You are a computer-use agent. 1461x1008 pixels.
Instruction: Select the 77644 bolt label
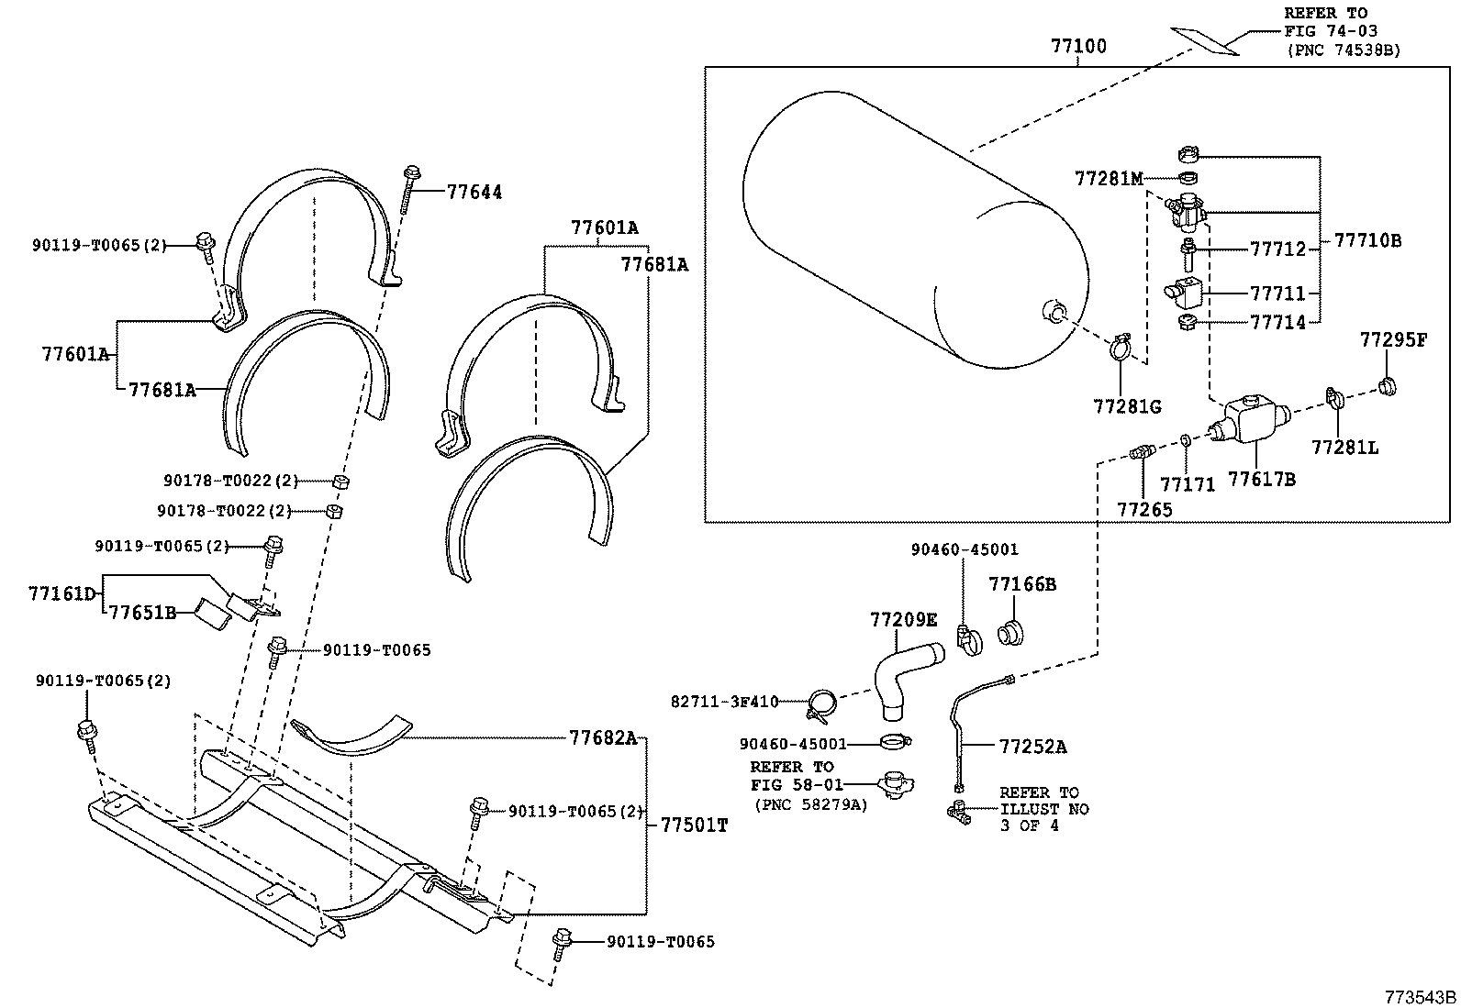(x=474, y=193)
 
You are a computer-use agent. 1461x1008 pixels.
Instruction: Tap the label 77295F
(x=1393, y=340)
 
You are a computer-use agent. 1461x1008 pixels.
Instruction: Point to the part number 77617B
(x=1262, y=478)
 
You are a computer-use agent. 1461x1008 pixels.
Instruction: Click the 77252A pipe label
(x=1032, y=747)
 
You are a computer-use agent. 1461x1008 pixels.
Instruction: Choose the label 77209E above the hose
(x=903, y=620)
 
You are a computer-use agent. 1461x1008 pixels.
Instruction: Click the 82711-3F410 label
(x=724, y=702)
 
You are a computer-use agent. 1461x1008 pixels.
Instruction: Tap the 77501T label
(x=693, y=825)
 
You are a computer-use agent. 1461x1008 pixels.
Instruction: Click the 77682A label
(x=602, y=737)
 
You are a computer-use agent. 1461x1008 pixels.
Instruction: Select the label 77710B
(x=1367, y=241)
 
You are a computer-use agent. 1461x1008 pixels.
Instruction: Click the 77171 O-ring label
(x=1187, y=484)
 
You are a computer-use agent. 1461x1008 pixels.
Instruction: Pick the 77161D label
(x=61, y=593)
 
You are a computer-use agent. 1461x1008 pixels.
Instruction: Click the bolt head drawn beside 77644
(x=410, y=172)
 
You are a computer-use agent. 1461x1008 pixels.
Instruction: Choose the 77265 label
(x=1143, y=509)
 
